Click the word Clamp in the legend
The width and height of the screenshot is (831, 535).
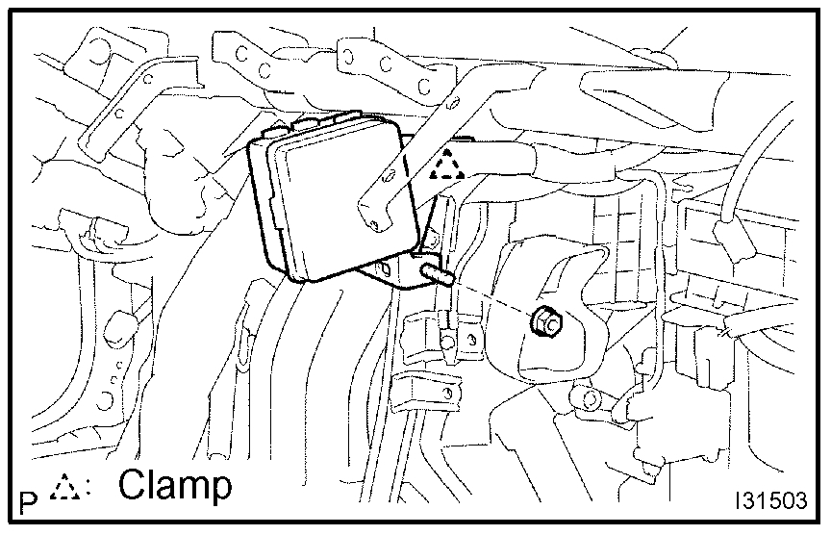pyautogui.click(x=175, y=486)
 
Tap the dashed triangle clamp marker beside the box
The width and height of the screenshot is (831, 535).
pyautogui.click(x=448, y=167)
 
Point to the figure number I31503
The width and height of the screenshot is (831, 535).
pyautogui.click(x=772, y=503)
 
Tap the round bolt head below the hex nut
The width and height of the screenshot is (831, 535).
pyautogui.click(x=589, y=395)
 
